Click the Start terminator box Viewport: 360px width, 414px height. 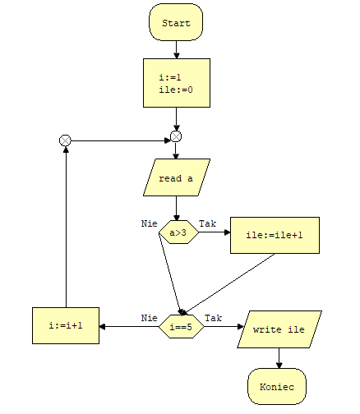pos(176,22)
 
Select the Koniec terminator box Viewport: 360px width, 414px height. pos(277,386)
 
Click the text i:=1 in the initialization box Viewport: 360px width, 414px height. pos(170,77)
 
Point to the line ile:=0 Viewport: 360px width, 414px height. pos(176,90)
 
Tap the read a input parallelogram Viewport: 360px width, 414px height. pos(177,177)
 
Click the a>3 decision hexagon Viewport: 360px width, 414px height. pos(178,232)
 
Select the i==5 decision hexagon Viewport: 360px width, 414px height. pos(181,326)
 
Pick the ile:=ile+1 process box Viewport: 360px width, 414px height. pos(275,236)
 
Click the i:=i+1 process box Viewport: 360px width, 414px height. pos(66,325)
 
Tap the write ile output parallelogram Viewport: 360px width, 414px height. pos(279,329)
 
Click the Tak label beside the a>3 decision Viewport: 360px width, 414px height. pos(207,223)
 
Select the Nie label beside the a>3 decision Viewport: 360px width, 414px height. pos(150,223)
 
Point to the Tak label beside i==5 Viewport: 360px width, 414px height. pos(213,318)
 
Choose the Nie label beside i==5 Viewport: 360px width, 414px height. pos(150,318)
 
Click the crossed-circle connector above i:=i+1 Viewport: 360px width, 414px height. pos(65,140)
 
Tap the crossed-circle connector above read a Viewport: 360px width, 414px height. pos(176,136)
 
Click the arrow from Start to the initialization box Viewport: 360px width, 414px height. pos(177,49)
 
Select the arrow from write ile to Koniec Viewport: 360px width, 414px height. pos(279,358)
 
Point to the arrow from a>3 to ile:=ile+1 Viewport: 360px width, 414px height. pos(215,232)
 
